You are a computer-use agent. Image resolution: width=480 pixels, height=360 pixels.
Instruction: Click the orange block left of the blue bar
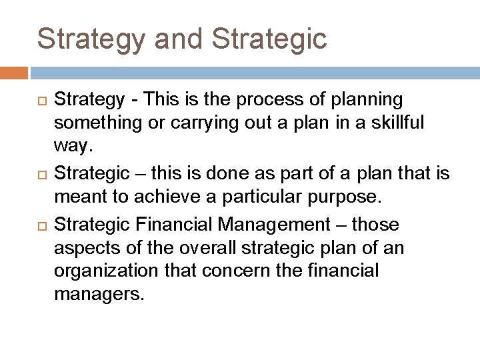[x=14, y=72]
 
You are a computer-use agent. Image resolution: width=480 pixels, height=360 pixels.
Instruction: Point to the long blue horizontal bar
[x=254, y=72]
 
